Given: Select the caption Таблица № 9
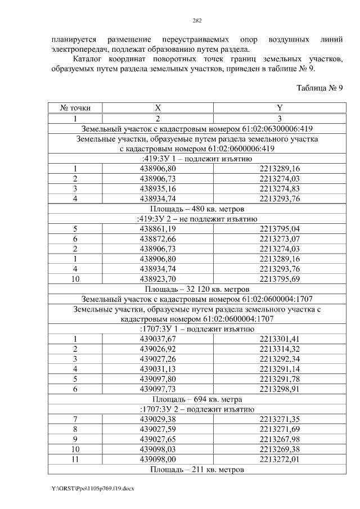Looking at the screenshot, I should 319,88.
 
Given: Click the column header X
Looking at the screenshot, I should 158,108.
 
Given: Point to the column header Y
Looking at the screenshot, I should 280,108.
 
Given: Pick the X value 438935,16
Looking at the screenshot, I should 157,188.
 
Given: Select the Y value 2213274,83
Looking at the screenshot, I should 280,188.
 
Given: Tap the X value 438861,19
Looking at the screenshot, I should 157,229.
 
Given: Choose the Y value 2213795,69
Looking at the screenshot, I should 280,280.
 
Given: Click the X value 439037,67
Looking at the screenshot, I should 157,339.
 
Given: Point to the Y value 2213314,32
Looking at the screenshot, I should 280,349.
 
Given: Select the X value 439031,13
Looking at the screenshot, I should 157,369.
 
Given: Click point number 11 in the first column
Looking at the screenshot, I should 74,459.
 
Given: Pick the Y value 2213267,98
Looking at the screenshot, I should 280,439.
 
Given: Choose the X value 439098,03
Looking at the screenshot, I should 157,449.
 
